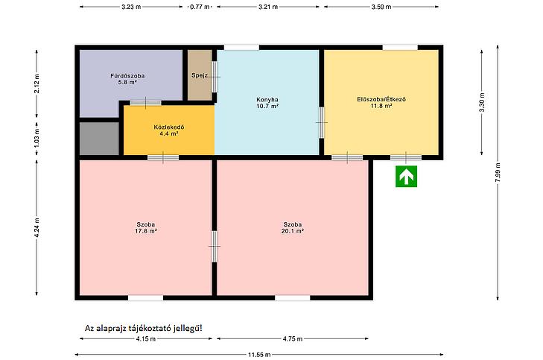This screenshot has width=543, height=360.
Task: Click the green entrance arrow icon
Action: coord(406,177)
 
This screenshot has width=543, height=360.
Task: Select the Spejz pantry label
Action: coord(200,75)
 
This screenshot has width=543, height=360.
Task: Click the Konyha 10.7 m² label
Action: coord(267,103)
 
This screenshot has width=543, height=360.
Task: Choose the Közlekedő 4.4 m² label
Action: coord(169,130)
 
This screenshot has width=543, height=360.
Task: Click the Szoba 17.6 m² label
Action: coord(146,227)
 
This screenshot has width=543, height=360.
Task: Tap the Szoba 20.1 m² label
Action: coord(293,227)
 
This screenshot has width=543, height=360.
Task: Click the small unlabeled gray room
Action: coord(99,139)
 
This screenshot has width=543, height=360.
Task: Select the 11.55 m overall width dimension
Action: coord(259,355)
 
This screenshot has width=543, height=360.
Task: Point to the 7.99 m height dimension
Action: coord(498,172)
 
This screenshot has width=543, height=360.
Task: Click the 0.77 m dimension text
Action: coord(200,7)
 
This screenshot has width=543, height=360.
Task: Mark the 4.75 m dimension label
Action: coord(293,338)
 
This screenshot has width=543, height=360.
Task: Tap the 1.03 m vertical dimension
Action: coord(36,138)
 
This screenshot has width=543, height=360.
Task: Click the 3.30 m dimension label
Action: coord(482,103)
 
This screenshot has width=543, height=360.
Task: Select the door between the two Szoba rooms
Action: coord(215,247)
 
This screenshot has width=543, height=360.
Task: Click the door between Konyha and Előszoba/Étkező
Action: coord(322,122)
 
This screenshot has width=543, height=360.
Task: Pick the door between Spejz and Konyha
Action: coord(215,77)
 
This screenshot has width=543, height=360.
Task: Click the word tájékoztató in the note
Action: coord(154,328)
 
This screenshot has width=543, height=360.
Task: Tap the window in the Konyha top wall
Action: coord(241,48)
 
